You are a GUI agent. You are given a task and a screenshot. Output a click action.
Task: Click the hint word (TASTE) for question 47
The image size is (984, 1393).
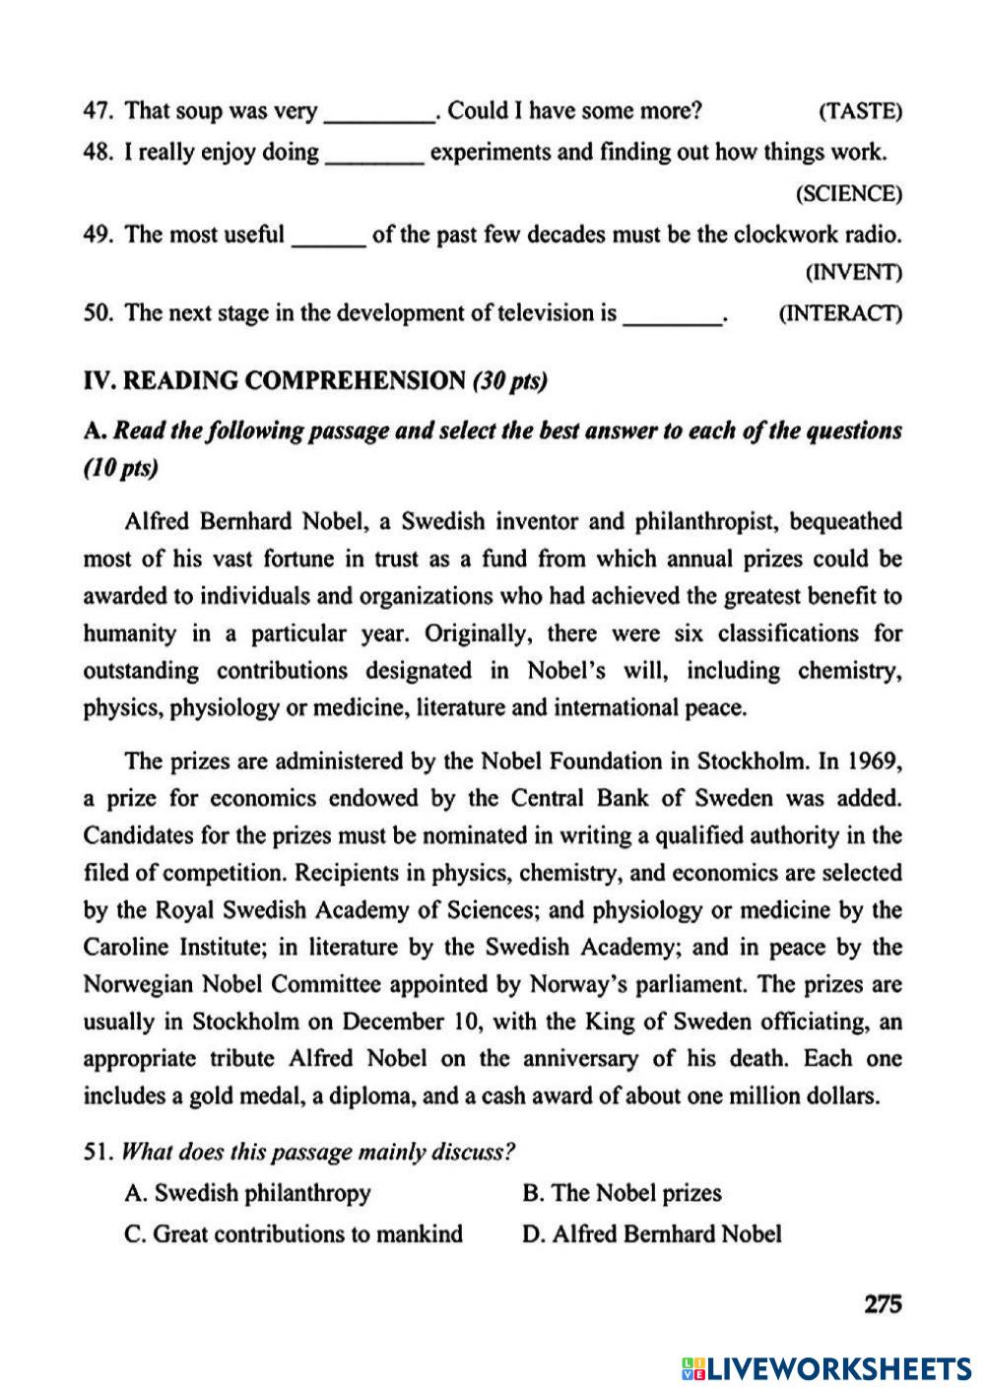pos(860,111)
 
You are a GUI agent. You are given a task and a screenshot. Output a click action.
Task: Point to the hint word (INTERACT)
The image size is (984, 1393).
pos(839,314)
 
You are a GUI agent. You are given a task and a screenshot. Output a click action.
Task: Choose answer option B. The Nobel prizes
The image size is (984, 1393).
pos(622,1193)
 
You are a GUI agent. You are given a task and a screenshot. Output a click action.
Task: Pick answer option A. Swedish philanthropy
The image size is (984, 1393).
pos(247,1193)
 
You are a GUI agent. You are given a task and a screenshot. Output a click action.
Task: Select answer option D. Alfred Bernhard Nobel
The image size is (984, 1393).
pos(651,1233)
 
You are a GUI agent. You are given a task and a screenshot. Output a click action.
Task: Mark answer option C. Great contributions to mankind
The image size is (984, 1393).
pos(294,1233)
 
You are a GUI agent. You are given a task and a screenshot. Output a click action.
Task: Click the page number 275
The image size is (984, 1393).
pos(883,1304)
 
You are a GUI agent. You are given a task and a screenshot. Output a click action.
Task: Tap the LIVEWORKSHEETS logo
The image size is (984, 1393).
pos(825,1367)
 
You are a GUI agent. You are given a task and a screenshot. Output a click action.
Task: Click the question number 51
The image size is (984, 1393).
pos(98,1152)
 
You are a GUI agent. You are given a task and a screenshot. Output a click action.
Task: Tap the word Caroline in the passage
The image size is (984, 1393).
pos(126,948)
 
